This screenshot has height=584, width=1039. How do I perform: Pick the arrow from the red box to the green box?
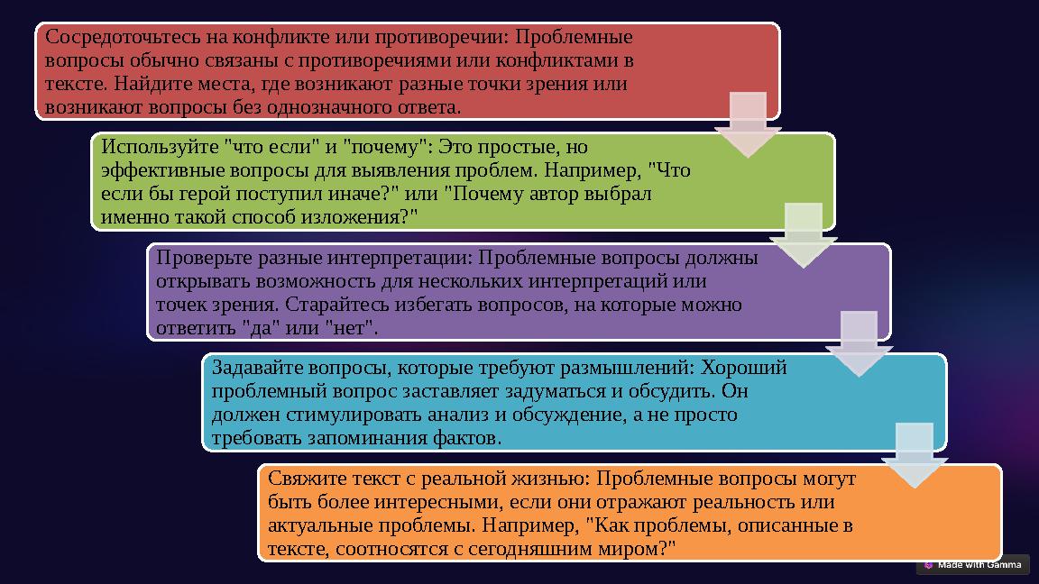coord(747,124)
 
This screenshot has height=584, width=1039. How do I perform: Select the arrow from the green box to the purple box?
coord(803,235)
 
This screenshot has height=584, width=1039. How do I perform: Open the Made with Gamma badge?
coord(973,565)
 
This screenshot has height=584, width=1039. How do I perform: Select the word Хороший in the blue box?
coord(744,368)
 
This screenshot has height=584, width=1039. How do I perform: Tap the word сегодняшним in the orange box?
coord(508,548)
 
